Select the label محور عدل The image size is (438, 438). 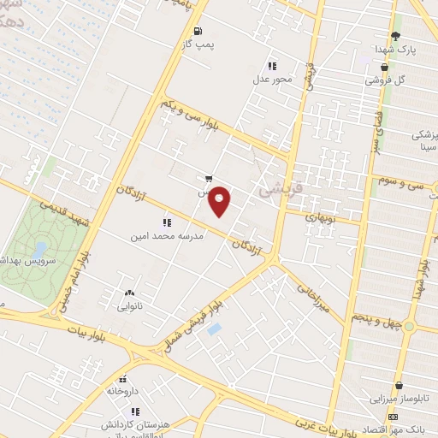point(271,80)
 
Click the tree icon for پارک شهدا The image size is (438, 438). point(395,35)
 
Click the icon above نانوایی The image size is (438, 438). point(129,293)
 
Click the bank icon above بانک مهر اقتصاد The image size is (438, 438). point(392,416)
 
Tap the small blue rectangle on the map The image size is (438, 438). point(214,328)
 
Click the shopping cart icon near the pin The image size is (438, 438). point(208,180)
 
